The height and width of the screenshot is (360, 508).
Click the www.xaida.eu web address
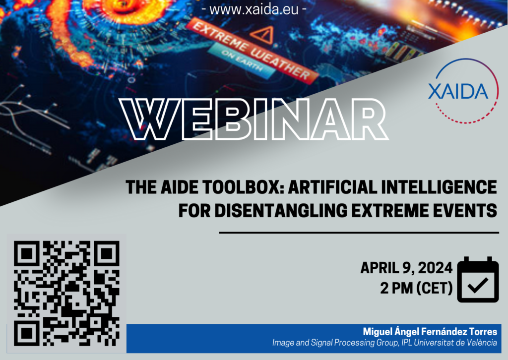point(254,9)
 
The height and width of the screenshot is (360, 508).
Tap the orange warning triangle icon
point(263,35)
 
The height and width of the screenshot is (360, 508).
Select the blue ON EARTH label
point(242,60)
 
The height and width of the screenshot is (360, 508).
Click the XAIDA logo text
point(458,91)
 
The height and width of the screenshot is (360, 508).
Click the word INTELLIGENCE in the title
point(439,187)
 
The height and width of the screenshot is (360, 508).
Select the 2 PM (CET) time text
point(416,288)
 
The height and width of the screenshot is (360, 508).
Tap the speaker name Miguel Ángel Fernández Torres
point(430,332)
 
